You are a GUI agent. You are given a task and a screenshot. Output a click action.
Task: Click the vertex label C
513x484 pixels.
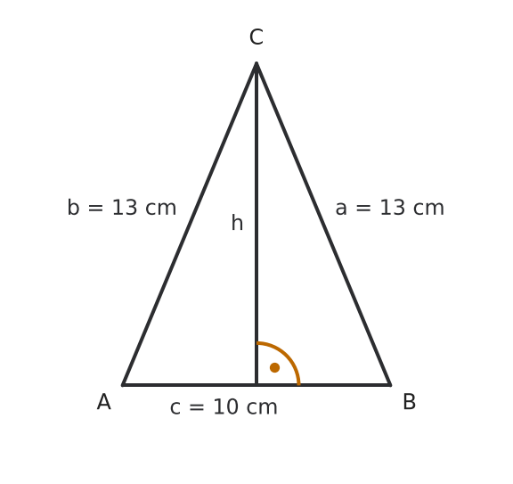256,37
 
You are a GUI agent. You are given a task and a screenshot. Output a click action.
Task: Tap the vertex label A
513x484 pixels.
104,401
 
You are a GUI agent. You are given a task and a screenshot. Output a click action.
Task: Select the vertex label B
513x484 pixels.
410,401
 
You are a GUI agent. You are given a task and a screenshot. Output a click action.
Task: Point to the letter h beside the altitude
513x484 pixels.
237,222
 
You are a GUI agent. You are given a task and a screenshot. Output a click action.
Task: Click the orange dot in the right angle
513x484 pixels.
275,367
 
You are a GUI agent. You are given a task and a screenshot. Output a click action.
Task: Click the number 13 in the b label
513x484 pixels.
125,208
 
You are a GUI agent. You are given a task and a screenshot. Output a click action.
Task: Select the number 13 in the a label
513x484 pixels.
392,208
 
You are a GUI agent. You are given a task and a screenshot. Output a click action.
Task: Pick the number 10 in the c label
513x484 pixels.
225,407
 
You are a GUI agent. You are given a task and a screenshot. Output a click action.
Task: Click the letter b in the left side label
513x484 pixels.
73,208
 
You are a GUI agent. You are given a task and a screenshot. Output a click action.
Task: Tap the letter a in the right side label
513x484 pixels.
341,209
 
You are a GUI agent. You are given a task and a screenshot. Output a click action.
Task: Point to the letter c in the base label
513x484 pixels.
175,408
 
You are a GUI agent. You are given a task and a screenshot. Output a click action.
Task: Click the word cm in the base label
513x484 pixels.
262,408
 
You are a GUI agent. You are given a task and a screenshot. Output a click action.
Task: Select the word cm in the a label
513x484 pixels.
428,209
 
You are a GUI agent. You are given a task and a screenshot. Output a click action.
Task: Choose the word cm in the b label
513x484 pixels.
160,209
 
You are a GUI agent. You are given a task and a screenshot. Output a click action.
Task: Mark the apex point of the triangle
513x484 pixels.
256,63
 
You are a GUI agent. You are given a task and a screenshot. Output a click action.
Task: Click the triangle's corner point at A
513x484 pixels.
123,385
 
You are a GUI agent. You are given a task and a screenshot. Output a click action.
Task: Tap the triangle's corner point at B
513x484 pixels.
390,385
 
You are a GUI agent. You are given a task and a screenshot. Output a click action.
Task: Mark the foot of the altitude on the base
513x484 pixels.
256,385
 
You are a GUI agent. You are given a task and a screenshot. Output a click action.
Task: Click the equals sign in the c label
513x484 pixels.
197,407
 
